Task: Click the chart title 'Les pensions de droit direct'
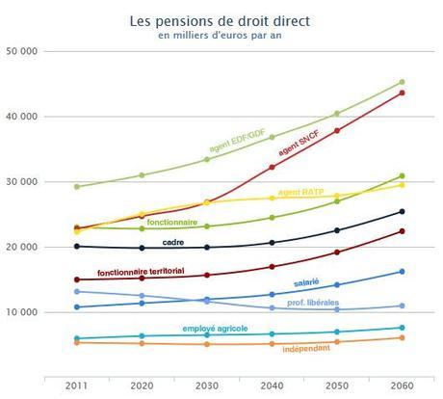point(221,19)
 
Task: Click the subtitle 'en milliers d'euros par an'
point(221,36)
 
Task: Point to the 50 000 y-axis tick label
point(21,51)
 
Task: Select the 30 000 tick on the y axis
point(21,182)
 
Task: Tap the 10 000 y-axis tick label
point(21,312)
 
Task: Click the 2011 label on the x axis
point(77,386)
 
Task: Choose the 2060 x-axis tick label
point(402,386)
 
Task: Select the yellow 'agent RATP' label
point(303,193)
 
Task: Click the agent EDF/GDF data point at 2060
point(402,82)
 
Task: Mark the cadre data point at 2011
point(77,246)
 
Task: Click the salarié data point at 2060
point(402,272)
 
